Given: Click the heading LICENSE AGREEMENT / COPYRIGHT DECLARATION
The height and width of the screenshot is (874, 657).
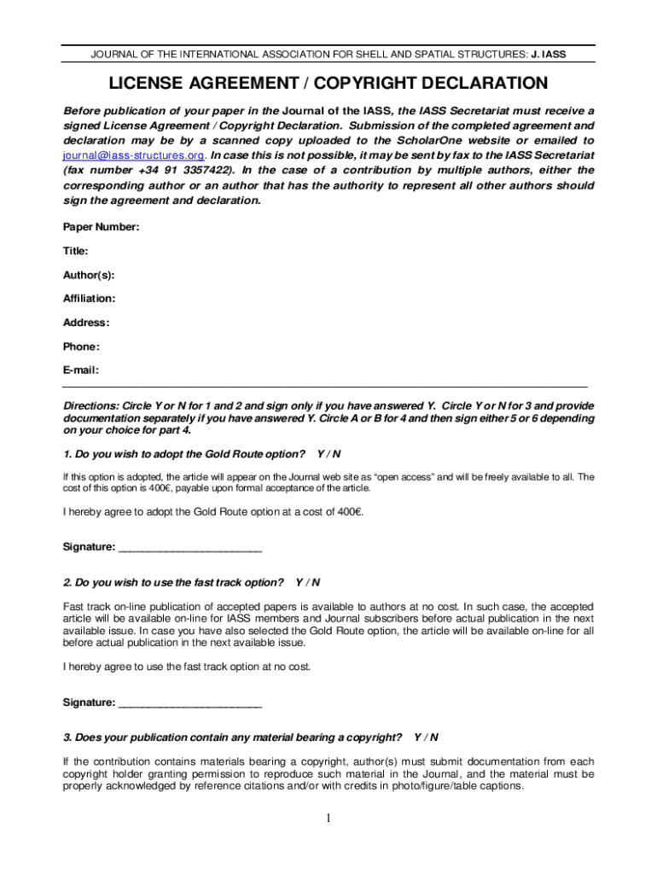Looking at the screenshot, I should [328, 84].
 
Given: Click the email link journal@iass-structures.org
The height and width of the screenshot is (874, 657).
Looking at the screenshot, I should [134, 155].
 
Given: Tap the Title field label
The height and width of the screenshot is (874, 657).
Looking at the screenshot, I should [76, 251].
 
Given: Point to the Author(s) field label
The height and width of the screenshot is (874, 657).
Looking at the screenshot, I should [89, 275].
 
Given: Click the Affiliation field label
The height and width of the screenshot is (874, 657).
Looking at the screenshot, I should [90, 299].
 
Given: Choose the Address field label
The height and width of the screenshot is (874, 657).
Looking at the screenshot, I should [86, 323].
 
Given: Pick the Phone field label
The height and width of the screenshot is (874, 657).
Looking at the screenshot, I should [81, 347].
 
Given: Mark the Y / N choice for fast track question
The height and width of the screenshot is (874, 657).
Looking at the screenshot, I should [307, 582].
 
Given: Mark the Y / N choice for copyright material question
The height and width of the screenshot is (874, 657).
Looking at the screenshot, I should [426, 737].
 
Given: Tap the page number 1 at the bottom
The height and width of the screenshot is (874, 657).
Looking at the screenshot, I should [328, 819].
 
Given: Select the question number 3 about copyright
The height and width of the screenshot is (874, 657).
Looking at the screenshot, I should [67, 737].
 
